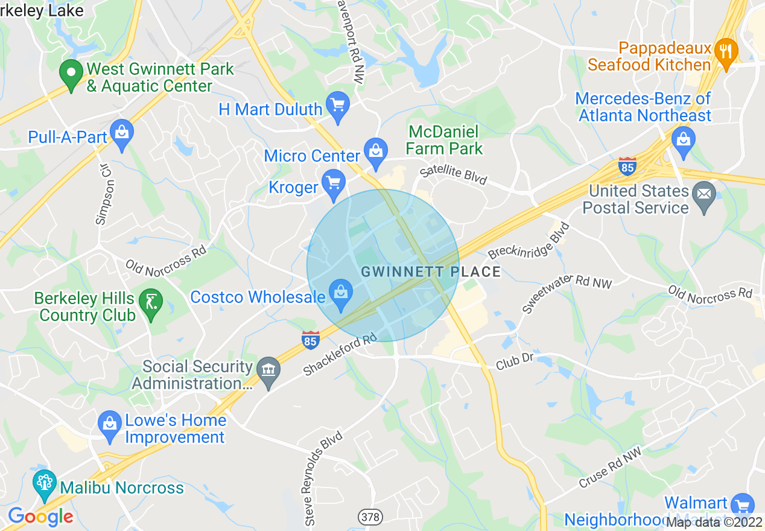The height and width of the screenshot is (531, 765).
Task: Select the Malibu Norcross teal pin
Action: (x=44, y=485)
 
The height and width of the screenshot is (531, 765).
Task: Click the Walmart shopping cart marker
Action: (x=742, y=506)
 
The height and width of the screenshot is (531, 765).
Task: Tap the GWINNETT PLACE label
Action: (x=431, y=272)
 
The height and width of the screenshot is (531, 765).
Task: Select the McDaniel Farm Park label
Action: (x=444, y=140)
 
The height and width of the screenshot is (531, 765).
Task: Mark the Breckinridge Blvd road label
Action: (x=529, y=242)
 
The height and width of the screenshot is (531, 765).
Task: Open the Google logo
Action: (x=40, y=517)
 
